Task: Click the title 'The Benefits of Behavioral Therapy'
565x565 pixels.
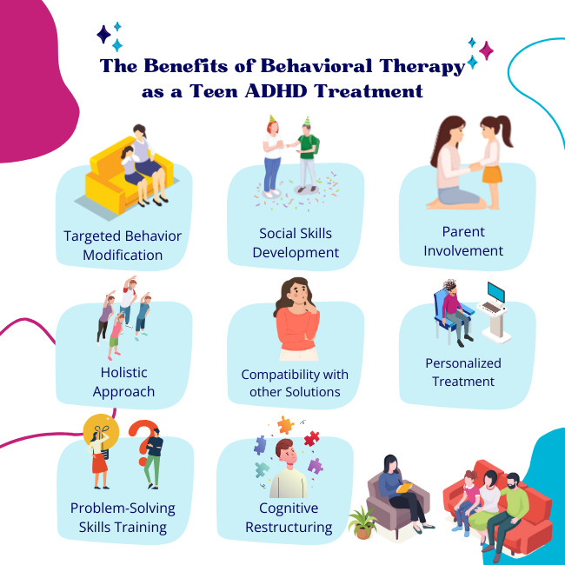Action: pos(282,67)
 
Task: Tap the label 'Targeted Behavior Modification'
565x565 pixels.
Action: pos(123,244)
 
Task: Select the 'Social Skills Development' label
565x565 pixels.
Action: pos(296,243)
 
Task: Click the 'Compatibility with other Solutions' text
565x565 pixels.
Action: pos(295,382)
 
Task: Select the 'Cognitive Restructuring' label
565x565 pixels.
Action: pos(289,517)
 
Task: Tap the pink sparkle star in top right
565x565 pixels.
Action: pos(486,50)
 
